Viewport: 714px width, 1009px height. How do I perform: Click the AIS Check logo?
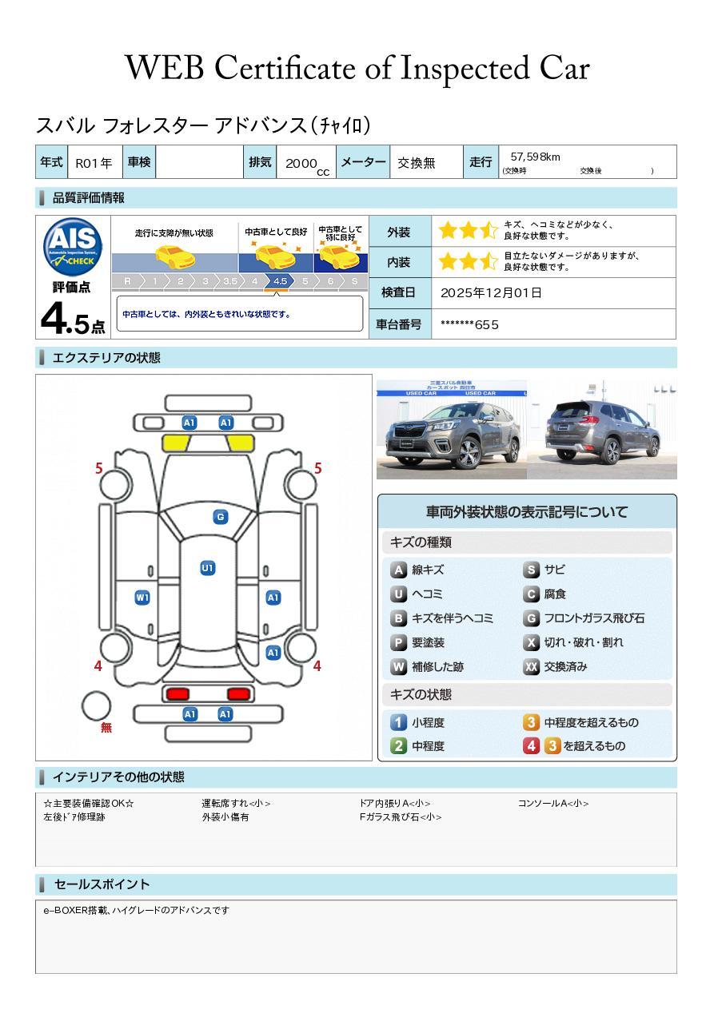(x=73, y=247)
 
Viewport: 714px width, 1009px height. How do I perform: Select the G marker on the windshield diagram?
(x=221, y=517)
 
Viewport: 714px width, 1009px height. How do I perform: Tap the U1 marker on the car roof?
(x=207, y=568)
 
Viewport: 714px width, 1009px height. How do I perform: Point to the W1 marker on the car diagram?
(x=142, y=598)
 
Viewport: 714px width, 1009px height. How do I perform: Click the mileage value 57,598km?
(x=535, y=157)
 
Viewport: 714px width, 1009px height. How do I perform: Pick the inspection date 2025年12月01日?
(x=491, y=292)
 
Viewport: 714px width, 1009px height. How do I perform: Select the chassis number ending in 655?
(x=469, y=324)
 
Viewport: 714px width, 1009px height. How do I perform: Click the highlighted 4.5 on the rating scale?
(x=280, y=281)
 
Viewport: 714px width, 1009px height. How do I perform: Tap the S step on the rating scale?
(x=355, y=281)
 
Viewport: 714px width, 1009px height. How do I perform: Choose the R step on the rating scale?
(x=127, y=281)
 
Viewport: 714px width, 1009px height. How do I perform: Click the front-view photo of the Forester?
(x=451, y=429)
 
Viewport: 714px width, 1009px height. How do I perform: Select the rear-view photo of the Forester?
(x=602, y=429)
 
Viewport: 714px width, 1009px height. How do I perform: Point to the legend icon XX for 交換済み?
(x=531, y=666)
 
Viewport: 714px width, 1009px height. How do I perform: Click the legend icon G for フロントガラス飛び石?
(x=531, y=618)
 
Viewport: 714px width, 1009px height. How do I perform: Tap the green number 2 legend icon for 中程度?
(x=398, y=745)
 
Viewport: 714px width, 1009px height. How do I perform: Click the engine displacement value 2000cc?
(x=307, y=165)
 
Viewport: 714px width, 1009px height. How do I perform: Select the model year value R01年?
(x=94, y=163)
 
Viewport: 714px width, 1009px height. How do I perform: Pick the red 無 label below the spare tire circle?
(x=106, y=727)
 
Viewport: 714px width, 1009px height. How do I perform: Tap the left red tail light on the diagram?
(x=178, y=693)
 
